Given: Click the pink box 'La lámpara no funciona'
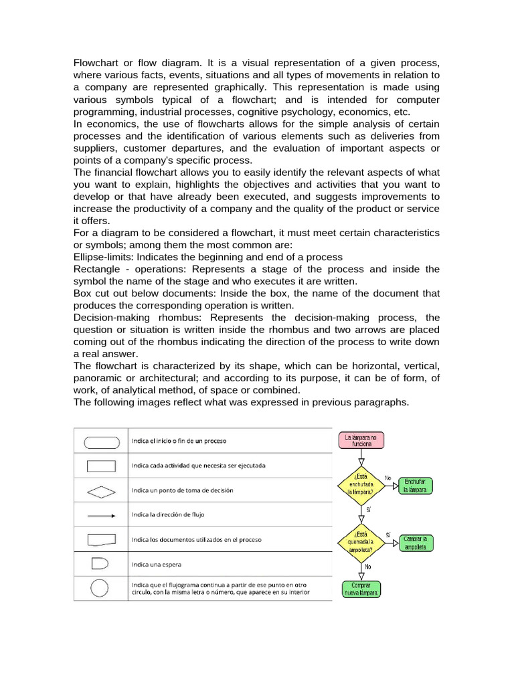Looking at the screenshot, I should [x=361, y=441].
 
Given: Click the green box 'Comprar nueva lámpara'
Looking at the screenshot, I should [x=361, y=589].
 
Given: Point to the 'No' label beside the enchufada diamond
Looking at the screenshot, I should [x=388, y=478].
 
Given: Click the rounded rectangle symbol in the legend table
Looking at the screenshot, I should [x=102, y=442].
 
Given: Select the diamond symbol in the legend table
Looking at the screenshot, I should [x=102, y=491].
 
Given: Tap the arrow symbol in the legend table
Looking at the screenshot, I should [x=102, y=516].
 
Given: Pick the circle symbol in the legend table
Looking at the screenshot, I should [x=100, y=588].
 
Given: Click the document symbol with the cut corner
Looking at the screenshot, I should [x=102, y=539].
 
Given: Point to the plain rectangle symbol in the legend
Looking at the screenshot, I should [x=102, y=466].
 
